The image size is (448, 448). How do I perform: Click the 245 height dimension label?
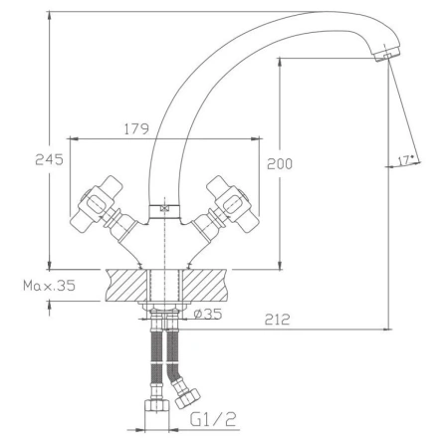point(49,159)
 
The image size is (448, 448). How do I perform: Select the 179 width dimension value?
point(136,129)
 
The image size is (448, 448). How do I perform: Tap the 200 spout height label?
point(280,164)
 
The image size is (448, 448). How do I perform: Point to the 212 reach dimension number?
point(277,320)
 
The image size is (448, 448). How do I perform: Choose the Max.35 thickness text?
point(50,286)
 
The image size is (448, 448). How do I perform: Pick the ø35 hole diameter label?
point(208,314)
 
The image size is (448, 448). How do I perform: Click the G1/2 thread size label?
point(213,419)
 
